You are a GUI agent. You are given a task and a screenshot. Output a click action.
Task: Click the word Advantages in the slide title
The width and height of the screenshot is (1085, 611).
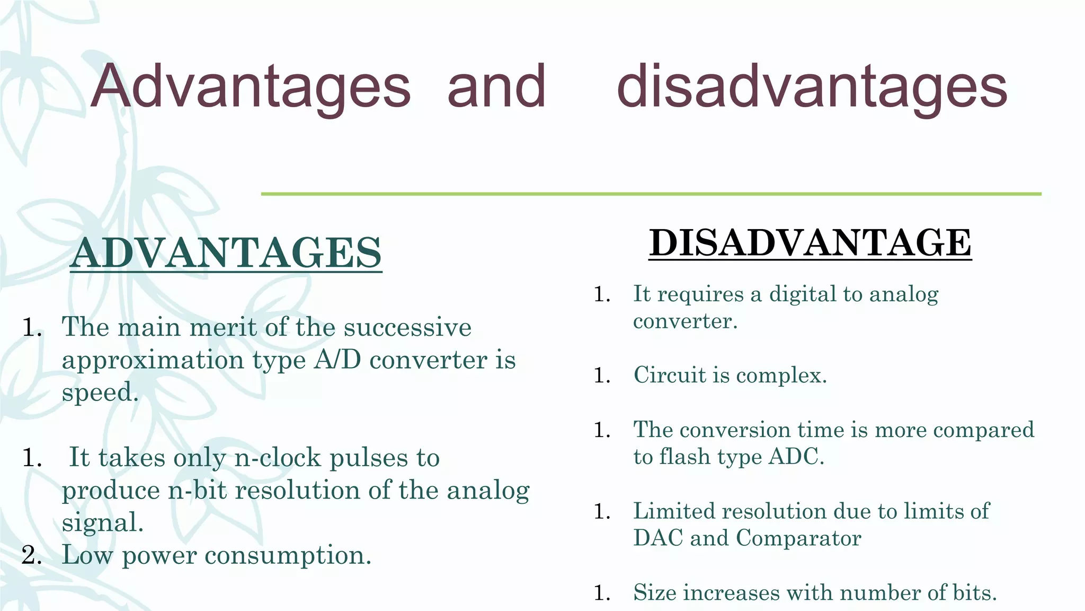250,86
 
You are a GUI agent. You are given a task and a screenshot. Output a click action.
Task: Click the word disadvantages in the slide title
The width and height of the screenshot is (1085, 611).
812,86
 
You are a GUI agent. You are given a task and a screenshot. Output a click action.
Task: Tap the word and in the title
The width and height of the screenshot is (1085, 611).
496,86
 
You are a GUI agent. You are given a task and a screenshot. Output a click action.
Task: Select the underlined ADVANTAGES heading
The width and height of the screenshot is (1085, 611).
226,253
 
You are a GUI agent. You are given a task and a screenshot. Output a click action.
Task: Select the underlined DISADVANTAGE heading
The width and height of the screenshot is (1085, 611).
810,243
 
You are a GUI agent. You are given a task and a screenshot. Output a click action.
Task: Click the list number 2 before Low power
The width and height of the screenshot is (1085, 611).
31,555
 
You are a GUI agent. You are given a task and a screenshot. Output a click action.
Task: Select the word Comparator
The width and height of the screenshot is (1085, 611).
798,539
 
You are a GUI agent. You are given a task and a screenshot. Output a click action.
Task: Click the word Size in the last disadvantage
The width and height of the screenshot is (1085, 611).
655,593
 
